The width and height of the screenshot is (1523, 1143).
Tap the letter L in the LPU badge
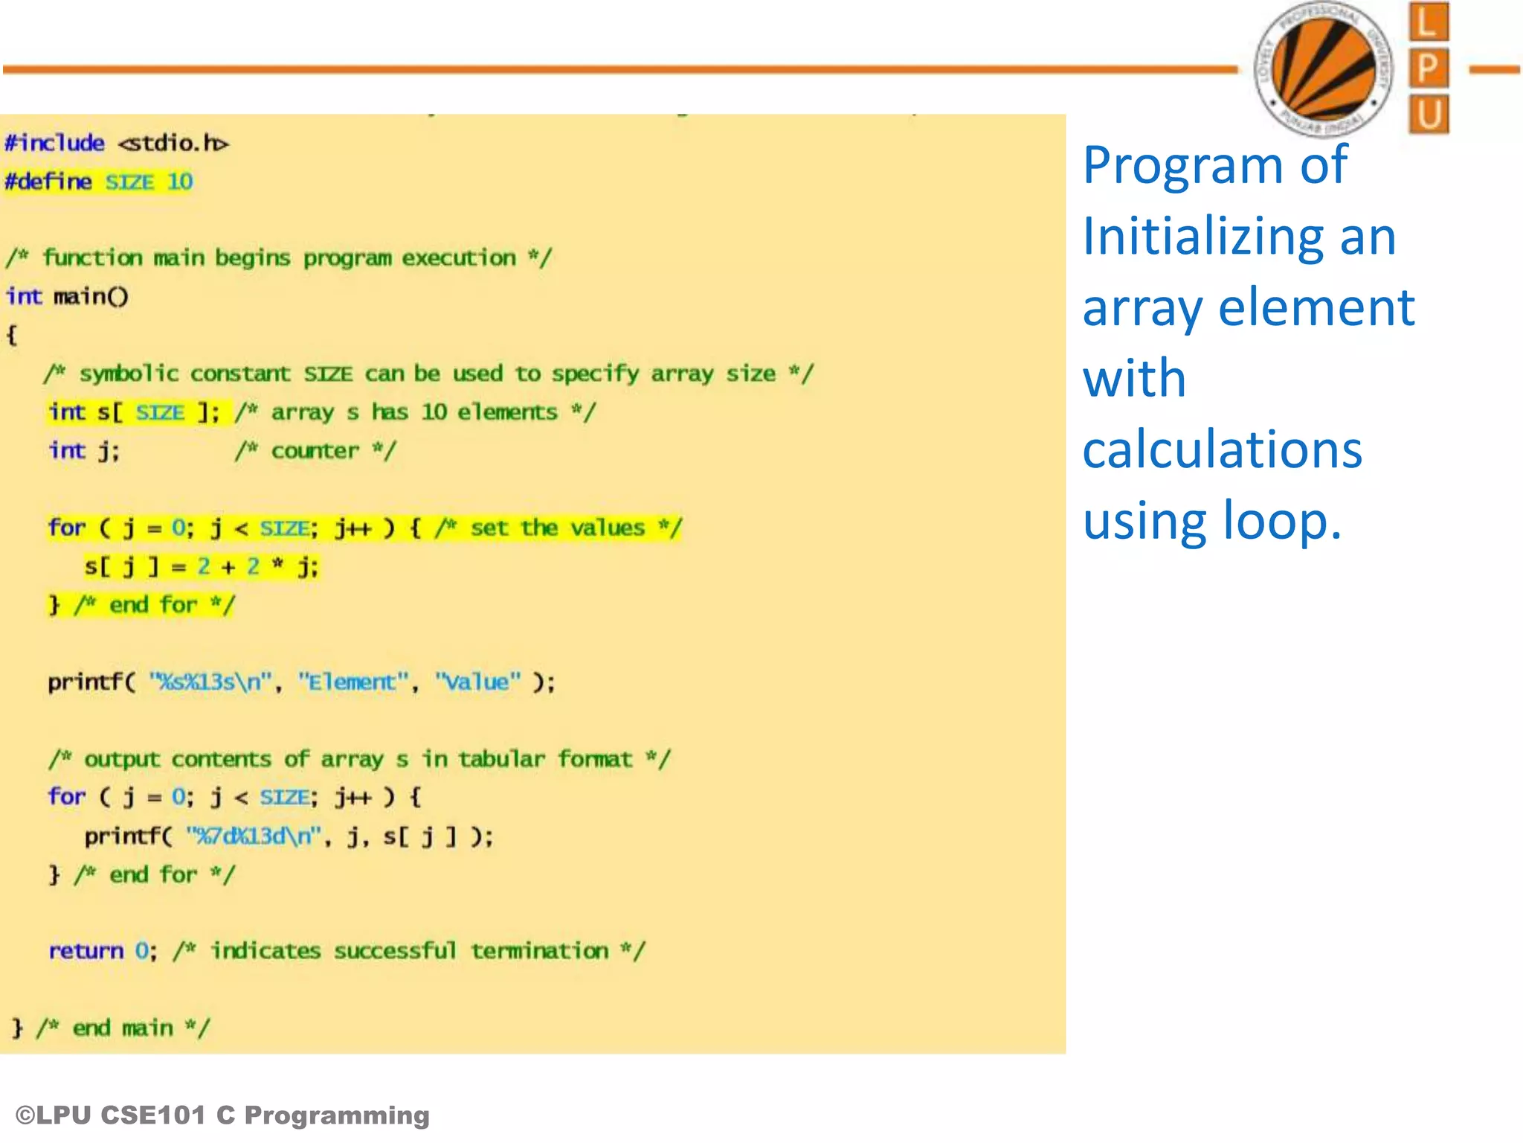click(x=1428, y=22)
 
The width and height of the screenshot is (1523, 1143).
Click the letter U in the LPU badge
click(x=1429, y=115)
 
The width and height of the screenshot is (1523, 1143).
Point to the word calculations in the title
click(x=1222, y=450)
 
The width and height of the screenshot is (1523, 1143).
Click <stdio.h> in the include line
click(x=173, y=143)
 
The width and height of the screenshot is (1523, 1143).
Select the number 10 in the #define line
click(x=180, y=182)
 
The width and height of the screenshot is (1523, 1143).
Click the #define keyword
click(x=48, y=182)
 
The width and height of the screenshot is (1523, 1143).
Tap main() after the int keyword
click(x=91, y=297)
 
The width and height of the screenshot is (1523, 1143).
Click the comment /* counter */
click(x=315, y=451)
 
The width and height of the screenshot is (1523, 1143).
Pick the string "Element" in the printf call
click(x=353, y=682)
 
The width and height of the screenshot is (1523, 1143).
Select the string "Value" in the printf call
click(x=477, y=682)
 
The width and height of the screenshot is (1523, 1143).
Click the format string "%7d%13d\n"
click(x=254, y=836)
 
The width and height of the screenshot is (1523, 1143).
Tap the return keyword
click(x=86, y=951)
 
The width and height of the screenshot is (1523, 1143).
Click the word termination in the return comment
click(x=540, y=951)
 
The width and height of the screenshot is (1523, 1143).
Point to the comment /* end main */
click(x=123, y=1028)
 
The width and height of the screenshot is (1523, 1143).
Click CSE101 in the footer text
click(x=152, y=1115)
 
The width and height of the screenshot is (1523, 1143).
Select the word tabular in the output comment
click(x=501, y=759)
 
